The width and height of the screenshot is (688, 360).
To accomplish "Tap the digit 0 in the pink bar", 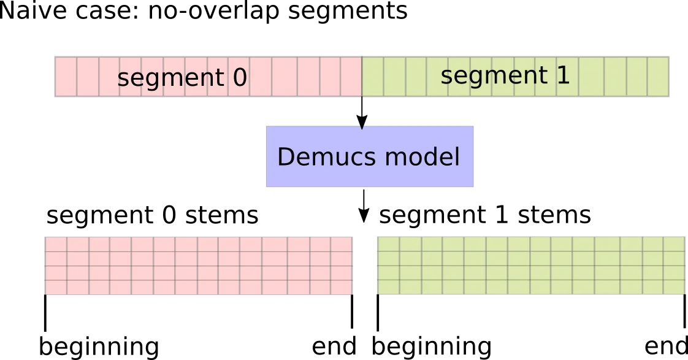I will [x=239, y=78].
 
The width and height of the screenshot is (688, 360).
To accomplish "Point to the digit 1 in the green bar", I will [x=562, y=75].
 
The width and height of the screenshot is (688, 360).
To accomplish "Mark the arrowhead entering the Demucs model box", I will [x=362, y=126].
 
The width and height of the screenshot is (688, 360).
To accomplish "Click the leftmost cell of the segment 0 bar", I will [x=66, y=77].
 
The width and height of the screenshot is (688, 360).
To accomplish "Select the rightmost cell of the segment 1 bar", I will [x=658, y=77].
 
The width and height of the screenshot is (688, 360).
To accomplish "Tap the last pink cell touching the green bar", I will [x=351, y=77].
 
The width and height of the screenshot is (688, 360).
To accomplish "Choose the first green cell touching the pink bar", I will [x=372, y=77].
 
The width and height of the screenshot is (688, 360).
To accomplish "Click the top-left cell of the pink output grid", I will [x=56, y=244].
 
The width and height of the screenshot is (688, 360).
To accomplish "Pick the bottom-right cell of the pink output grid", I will [x=341, y=287].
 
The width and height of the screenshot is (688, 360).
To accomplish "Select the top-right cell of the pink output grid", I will [x=341, y=244].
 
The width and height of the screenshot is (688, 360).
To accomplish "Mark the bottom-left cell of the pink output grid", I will [x=56, y=287].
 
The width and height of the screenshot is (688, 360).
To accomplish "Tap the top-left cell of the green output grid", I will [x=389, y=244].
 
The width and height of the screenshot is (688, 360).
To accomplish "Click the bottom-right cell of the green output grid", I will [x=674, y=287].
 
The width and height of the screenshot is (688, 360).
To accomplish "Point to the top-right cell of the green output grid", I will [x=674, y=244].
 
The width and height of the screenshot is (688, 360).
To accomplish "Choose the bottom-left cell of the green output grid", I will [x=389, y=287].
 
